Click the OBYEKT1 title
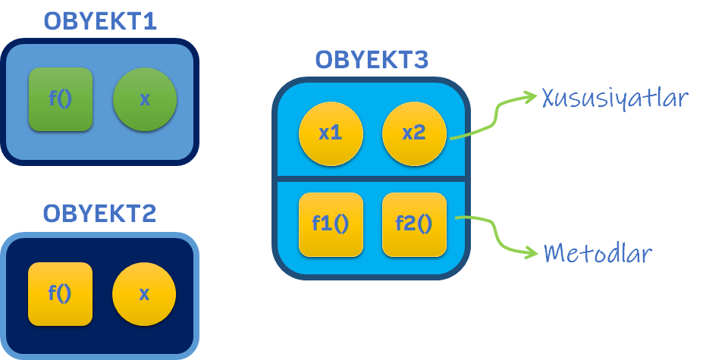99,20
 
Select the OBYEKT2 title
99,213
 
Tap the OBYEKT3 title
372,59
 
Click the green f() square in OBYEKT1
60,99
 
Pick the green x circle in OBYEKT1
145,99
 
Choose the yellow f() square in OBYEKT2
60,293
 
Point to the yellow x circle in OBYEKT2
144,293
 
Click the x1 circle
331,134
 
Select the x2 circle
413,134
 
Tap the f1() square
331,224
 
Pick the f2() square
413,224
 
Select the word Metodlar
598,252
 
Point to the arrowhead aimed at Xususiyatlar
530,96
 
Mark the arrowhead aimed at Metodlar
530,252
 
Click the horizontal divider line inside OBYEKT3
372,179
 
